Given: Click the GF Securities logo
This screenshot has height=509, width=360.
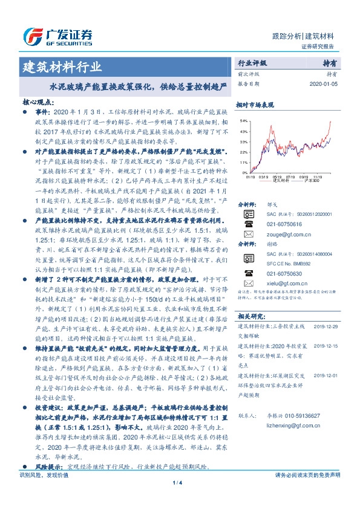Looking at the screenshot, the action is tap(57, 37).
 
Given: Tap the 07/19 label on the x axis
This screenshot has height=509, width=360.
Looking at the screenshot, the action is tap(290, 177).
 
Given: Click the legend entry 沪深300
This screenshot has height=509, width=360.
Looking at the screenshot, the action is tap(312, 181).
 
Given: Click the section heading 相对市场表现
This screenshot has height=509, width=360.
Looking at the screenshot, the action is tap(252, 104).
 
